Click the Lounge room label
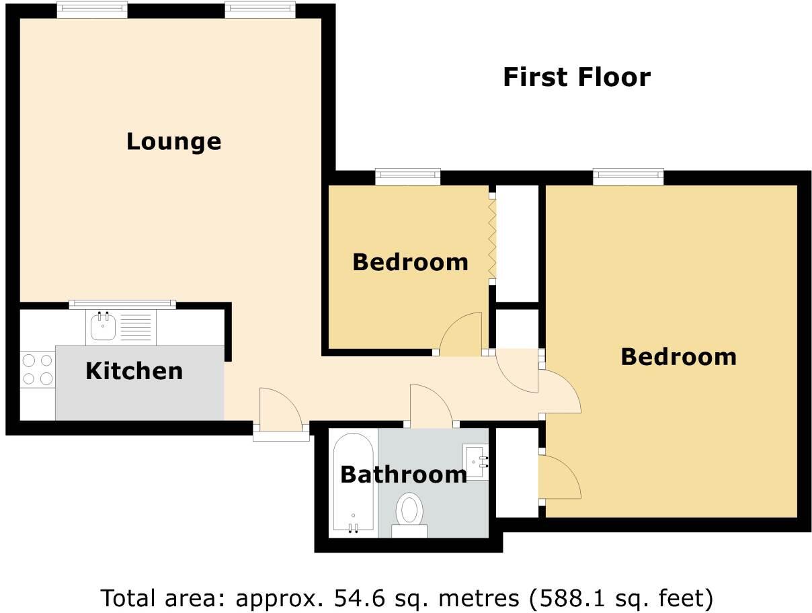coord(173,141)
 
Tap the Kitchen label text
coord(134,370)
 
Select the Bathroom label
coord(403,475)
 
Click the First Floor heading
coord(576,77)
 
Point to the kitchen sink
coord(103,327)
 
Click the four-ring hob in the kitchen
coord(38,370)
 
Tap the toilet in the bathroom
coord(409,512)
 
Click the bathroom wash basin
coord(476,461)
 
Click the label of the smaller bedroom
coord(410,261)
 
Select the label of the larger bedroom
coord(678,356)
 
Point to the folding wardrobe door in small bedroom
coord(491,239)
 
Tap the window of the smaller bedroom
coord(408,177)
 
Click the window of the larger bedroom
coord(628,177)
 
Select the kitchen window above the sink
coord(122,304)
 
